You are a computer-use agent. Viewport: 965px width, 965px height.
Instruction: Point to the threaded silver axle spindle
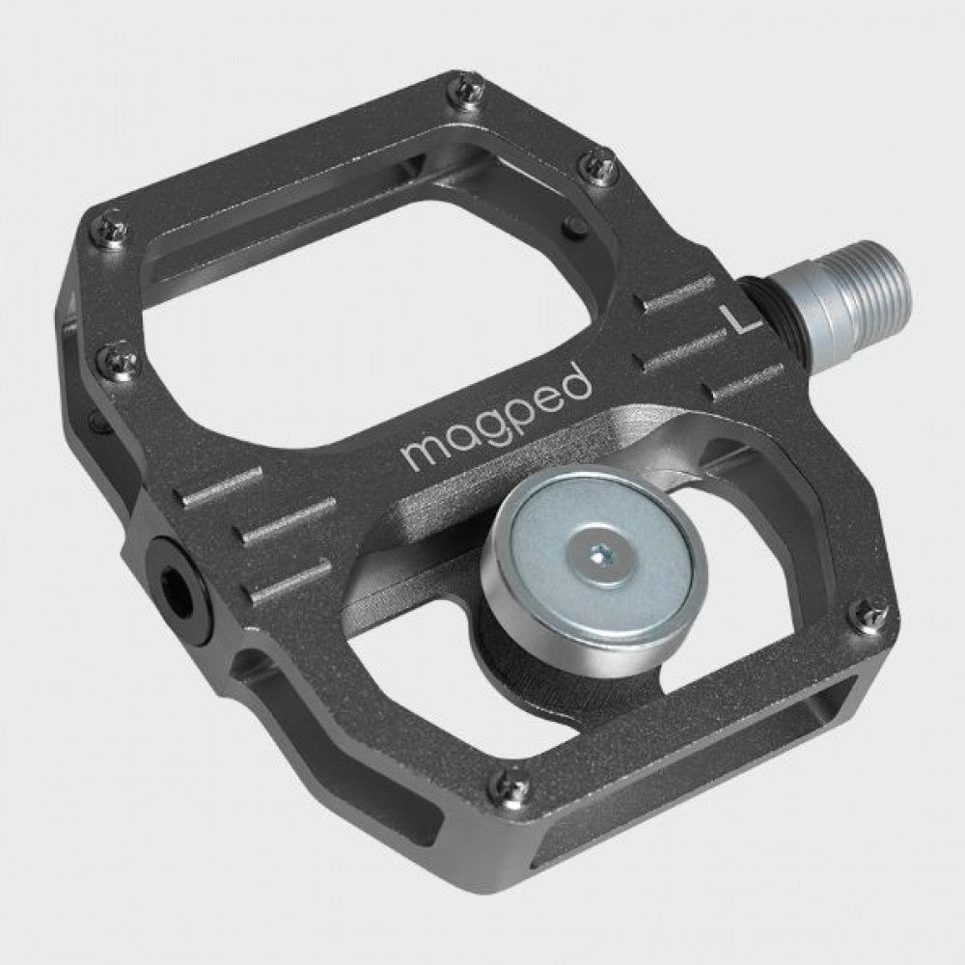point(868,289)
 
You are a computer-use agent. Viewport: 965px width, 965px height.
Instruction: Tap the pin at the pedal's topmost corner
point(467,91)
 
